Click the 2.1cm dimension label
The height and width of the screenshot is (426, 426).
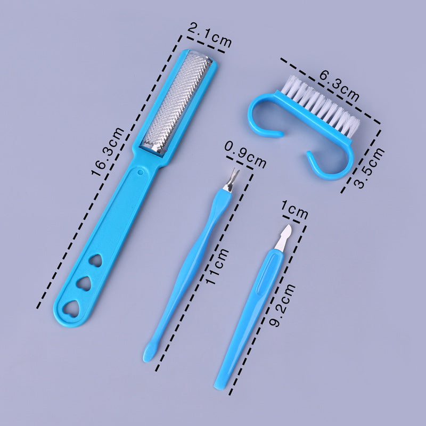[209, 35]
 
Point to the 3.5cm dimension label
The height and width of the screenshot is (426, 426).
[368, 168]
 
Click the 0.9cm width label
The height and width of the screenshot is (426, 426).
[245, 155]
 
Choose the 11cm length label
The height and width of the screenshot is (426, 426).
[217, 266]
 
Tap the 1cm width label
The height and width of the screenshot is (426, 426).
[294, 209]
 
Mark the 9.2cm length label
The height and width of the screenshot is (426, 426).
[282, 305]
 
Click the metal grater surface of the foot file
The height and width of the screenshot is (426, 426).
[177, 102]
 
